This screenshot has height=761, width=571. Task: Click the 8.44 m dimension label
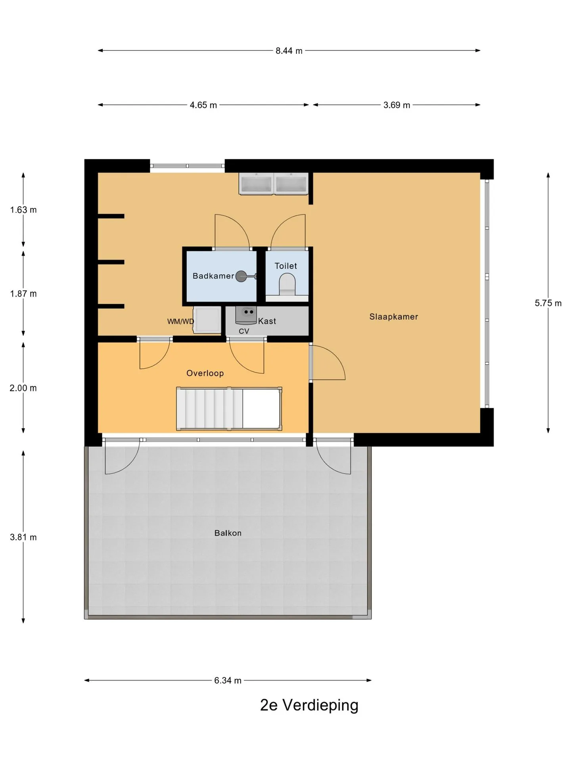pos(289,51)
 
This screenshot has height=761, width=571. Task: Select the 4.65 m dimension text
pos(203,105)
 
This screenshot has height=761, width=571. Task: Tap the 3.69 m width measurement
pos(397,105)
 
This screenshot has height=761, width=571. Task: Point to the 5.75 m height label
pos(548,303)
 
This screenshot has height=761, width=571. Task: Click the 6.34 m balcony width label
pos(228,681)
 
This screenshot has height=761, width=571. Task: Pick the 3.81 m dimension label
pos(23,537)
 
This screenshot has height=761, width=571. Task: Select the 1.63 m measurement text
pos(23,210)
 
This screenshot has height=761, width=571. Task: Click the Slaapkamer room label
pos(394,317)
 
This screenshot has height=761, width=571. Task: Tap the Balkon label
pos(228,533)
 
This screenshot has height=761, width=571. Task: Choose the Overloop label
pos(205,373)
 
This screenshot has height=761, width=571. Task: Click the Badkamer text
pos(213,276)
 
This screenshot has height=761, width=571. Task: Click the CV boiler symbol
pos(246,315)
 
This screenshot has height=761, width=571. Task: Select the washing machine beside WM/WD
pos(207,320)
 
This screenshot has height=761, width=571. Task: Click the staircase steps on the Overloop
pos(210,409)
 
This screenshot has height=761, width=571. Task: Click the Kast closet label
pos(267,321)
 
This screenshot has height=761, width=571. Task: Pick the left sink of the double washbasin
pos(256,184)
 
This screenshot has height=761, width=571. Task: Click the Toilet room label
pos(286,266)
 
